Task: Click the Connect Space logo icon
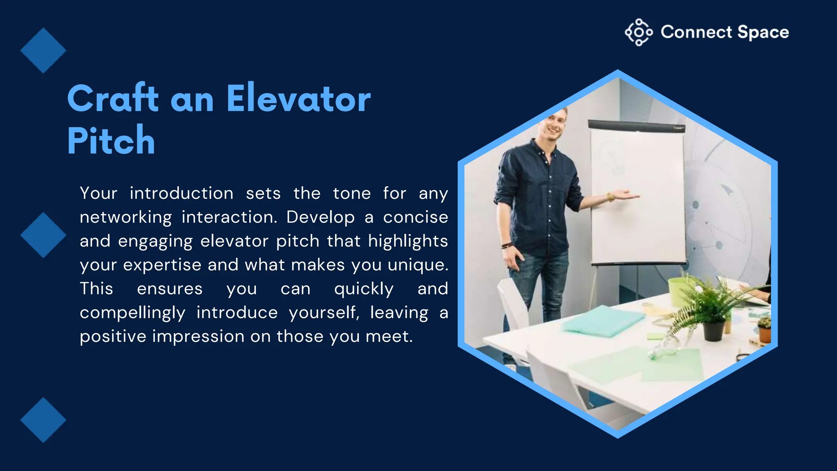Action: coord(638,32)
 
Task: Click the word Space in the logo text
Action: coord(763,32)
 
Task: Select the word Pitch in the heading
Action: coord(111,141)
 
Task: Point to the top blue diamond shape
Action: coord(43,51)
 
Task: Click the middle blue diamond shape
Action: coord(43,235)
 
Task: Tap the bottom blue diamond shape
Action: coord(43,420)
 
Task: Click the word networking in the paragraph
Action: coord(125,218)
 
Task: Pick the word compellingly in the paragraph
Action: coord(132,313)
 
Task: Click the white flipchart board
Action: coord(638,196)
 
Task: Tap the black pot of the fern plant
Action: coord(714,330)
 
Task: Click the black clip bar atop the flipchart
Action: coord(636,126)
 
